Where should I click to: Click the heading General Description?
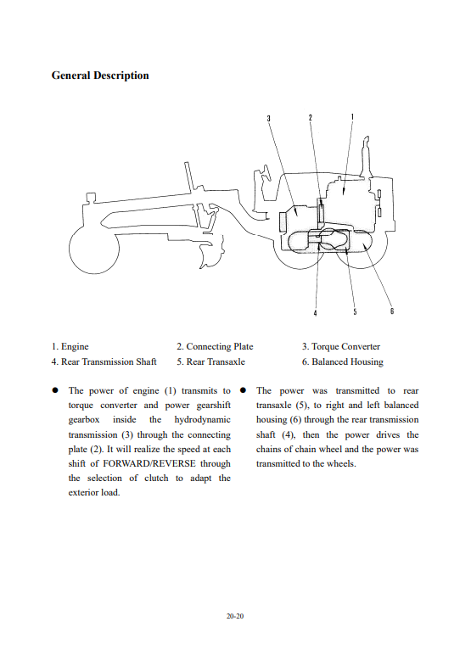point(100,76)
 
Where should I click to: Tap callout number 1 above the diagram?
point(352,116)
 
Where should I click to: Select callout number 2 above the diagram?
point(311,117)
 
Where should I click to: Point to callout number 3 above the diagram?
point(269,118)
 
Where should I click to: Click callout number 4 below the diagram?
point(315,313)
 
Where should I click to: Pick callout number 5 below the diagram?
point(355,312)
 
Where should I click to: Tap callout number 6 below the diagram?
point(392,311)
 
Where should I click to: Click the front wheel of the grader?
point(94,249)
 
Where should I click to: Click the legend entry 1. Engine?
point(70,347)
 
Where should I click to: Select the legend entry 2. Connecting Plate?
point(215,346)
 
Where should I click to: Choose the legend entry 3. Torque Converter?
point(340,347)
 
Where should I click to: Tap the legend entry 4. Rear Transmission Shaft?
point(104,361)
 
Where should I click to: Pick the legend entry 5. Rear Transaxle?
point(210,361)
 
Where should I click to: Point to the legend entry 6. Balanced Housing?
point(342,362)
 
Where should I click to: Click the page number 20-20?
point(235,616)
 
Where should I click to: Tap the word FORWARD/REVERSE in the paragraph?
point(149,464)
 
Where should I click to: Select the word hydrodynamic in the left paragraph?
point(202,420)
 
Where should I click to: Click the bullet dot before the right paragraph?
point(243,390)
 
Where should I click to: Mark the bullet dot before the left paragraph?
point(55,390)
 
